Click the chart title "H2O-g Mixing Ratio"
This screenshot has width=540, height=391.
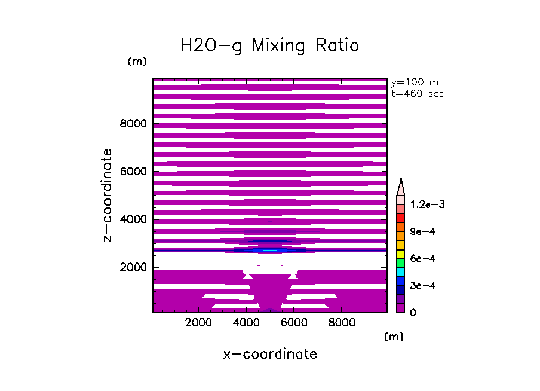pyautogui.click(x=270, y=45)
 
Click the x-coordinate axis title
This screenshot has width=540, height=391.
pyautogui.click(x=270, y=354)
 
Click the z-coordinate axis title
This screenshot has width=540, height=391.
pyautogui.click(x=108, y=195)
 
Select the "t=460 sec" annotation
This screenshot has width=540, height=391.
pyautogui.click(x=417, y=93)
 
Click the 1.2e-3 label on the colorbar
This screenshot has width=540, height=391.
pyautogui.click(x=428, y=204)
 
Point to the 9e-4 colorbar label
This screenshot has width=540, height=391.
pyautogui.click(x=424, y=231)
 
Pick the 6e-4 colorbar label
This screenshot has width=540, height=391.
pyautogui.click(x=424, y=258)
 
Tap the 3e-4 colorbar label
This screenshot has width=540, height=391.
pyautogui.click(x=424, y=286)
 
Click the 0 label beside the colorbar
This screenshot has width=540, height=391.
pyautogui.click(x=413, y=313)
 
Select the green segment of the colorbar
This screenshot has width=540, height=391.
pyautogui.click(x=401, y=263)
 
